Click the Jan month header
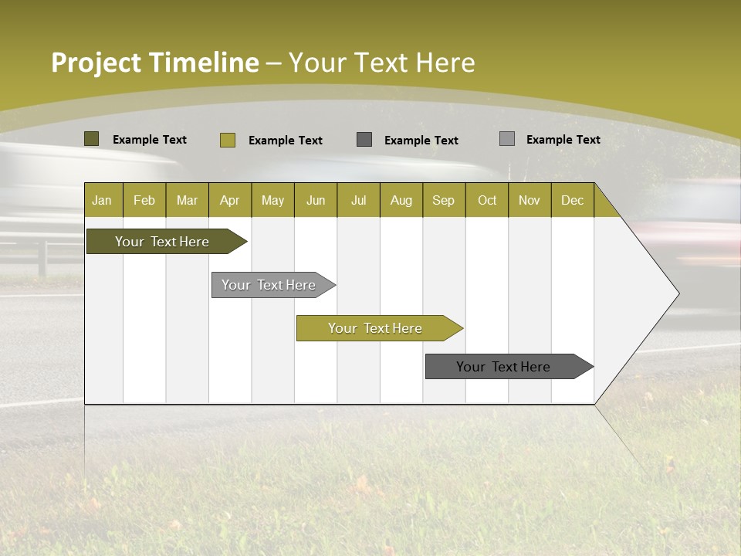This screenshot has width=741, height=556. (102, 200)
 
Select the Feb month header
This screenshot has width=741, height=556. (144, 200)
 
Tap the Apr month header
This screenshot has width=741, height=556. (229, 200)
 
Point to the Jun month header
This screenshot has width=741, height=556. (316, 200)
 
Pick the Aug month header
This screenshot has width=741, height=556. (401, 200)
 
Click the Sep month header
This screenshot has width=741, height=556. (443, 200)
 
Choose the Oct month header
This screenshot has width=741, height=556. (487, 200)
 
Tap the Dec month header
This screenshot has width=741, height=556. (572, 200)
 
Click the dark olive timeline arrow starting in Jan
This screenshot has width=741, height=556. (162, 242)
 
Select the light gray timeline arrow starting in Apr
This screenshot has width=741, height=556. (269, 285)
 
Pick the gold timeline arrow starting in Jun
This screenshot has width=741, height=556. (375, 328)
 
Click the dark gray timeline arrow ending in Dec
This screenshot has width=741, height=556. (503, 367)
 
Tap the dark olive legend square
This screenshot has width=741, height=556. (91, 139)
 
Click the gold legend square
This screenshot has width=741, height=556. (227, 140)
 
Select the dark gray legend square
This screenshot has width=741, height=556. (364, 139)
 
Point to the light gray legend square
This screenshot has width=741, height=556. (507, 139)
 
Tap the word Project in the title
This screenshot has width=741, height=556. (96, 63)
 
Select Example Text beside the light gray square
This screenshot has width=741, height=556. (563, 139)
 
